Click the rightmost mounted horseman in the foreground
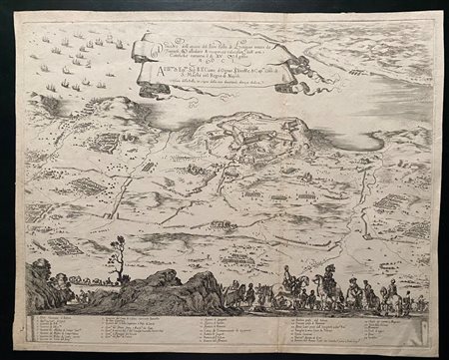394,294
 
